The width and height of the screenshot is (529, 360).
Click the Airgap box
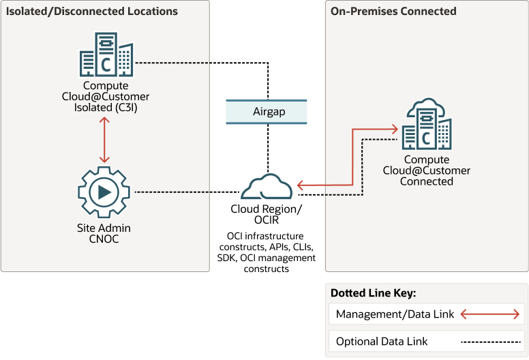(267, 111)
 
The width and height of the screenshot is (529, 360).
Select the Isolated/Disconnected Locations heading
(92, 12)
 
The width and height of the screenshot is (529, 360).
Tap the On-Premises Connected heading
(393, 12)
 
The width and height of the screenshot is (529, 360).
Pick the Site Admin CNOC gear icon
(104, 192)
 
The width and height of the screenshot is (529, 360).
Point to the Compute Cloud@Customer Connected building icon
(426, 126)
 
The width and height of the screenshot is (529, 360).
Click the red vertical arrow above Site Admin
(104, 140)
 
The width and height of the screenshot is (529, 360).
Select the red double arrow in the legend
(491, 314)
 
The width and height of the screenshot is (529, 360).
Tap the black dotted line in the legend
(491, 341)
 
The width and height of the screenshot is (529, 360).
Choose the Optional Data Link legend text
(382, 341)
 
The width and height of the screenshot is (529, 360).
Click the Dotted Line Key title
(374, 293)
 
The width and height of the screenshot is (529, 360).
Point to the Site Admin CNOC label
(104, 233)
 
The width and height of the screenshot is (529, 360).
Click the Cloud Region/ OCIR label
(267, 214)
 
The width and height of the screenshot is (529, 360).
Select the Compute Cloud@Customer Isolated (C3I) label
(106, 96)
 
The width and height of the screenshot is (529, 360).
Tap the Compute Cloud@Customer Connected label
(426, 170)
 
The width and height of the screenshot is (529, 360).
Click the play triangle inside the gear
(105, 192)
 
